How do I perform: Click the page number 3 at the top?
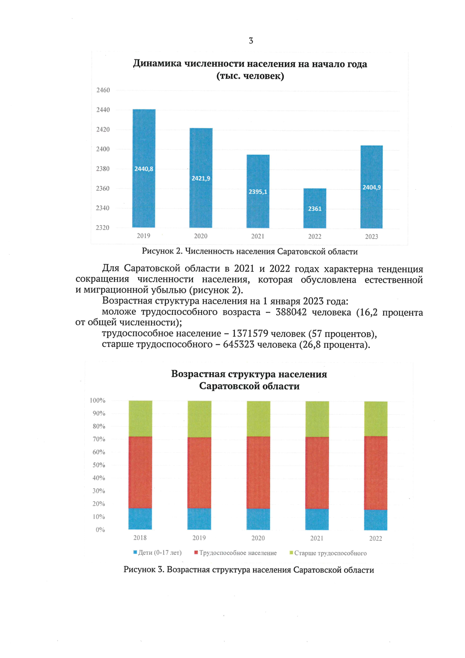tap(251, 41)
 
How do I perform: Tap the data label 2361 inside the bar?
tap(315, 209)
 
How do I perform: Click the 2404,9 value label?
tap(372, 187)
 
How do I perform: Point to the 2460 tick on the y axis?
tap(103, 90)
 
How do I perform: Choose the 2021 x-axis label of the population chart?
tap(258, 236)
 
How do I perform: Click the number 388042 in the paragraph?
tap(291, 312)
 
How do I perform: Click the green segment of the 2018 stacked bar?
tap(140, 418)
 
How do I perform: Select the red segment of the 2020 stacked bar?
tap(258, 472)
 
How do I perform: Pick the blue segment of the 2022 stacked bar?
tap(375, 520)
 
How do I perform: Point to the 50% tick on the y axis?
tap(99, 465)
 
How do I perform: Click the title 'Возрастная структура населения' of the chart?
tap(249, 374)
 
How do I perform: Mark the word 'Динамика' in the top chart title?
tap(157, 64)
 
